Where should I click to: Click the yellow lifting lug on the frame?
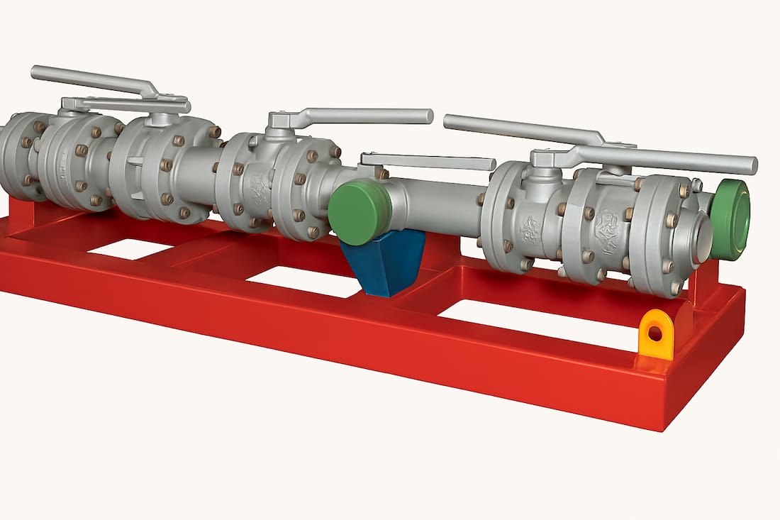coord(655,336)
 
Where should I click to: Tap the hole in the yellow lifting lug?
coord(655,331)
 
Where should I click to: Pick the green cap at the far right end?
coord(731,219)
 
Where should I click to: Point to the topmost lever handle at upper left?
coord(92,79)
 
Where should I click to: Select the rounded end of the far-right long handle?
coord(750,166)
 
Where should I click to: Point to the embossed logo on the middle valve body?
coord(260,189)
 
